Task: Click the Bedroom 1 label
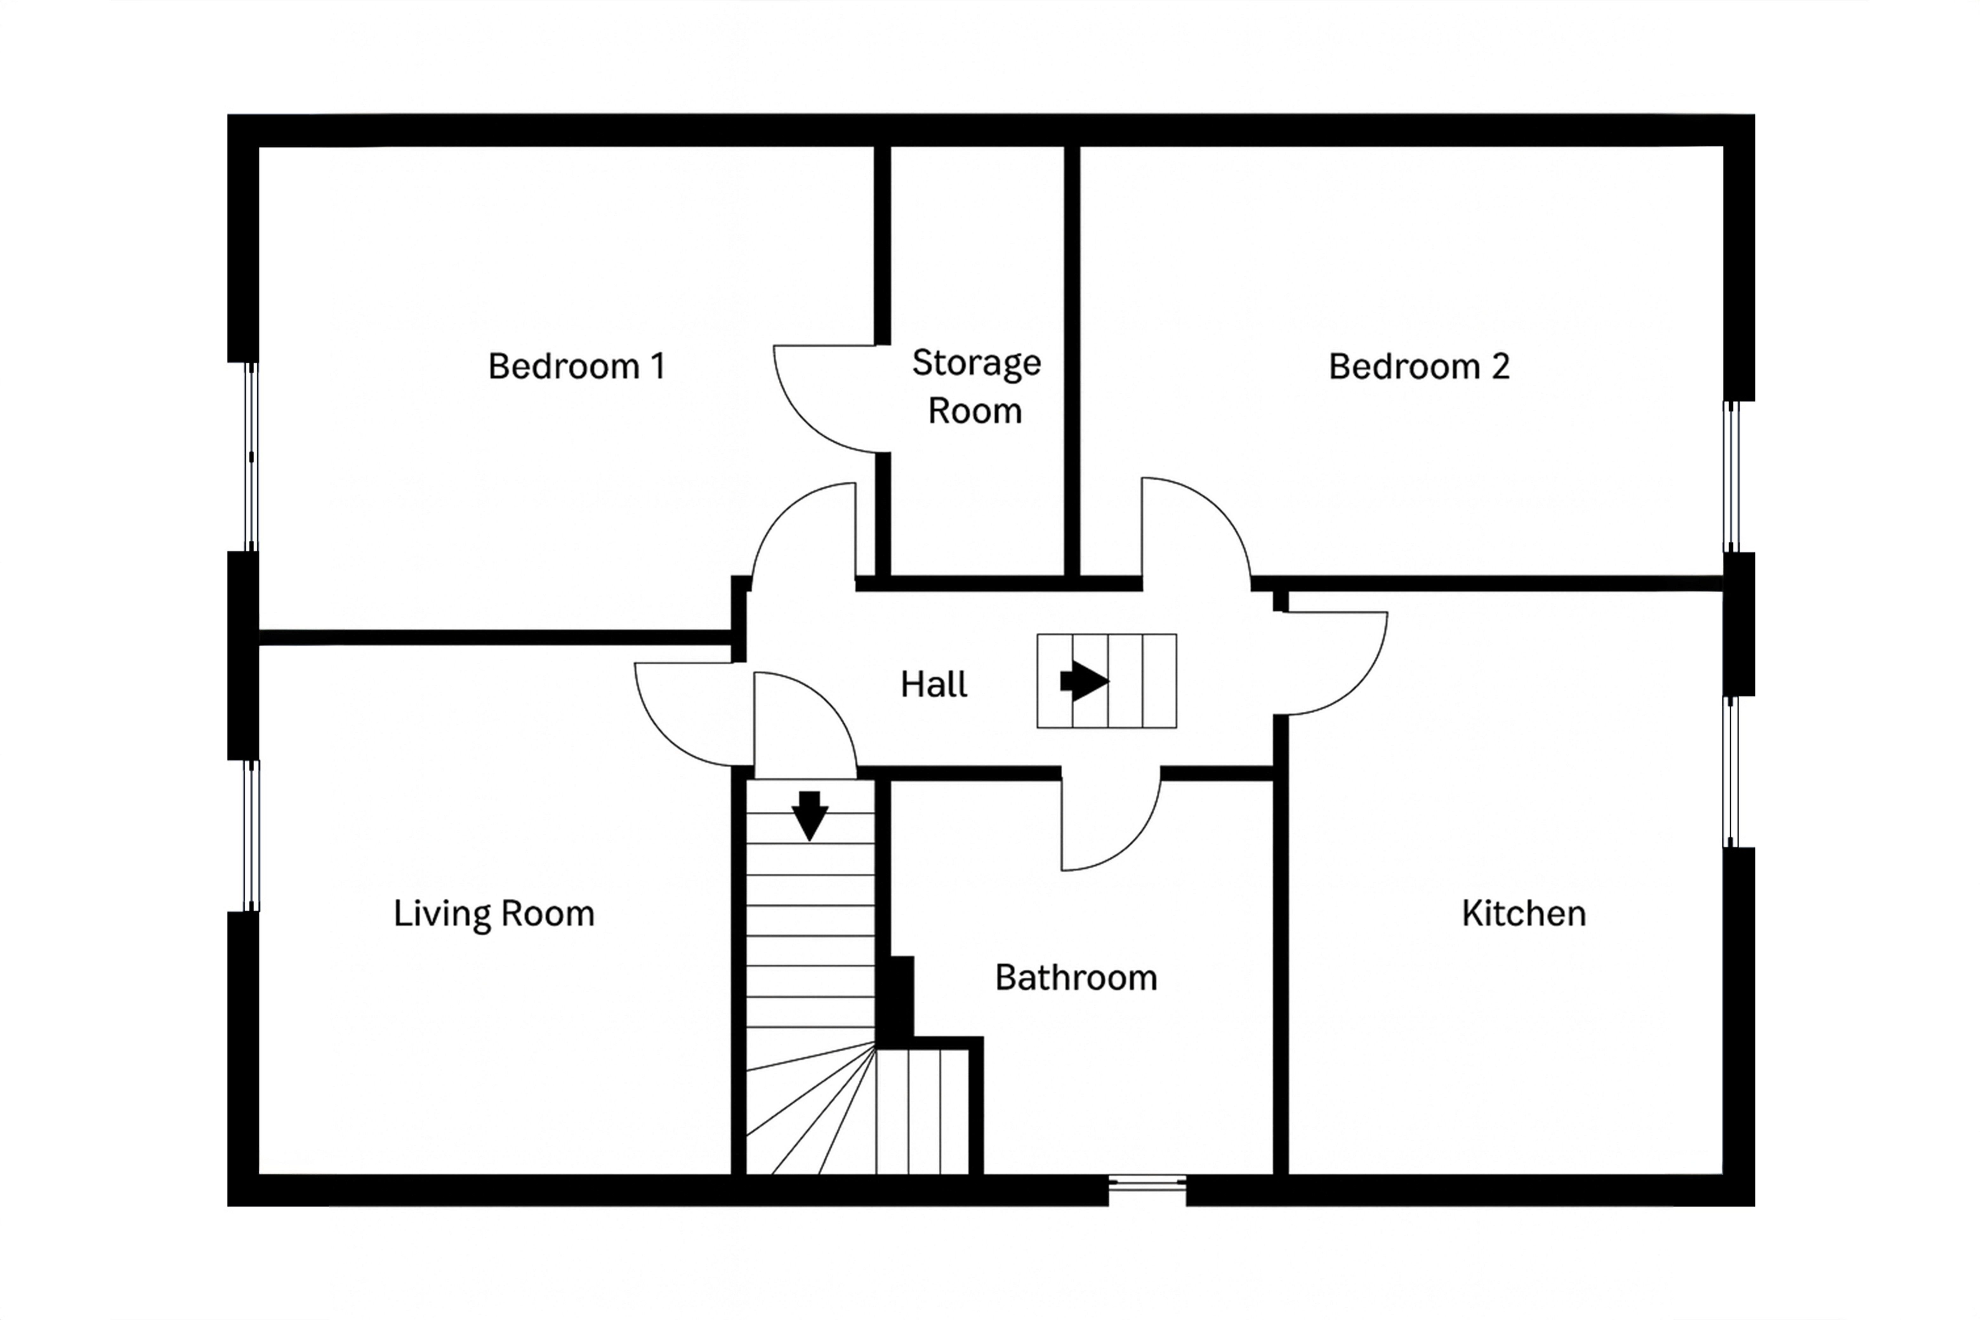click(x=577, y=366)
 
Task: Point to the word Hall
click(x=934, y=684)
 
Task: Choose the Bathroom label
click(x=1076, y=977)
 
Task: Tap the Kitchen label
click(x=1524, y=914)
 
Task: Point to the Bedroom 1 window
click(x=251, y=457)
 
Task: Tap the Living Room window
click(x=251, y=836)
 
